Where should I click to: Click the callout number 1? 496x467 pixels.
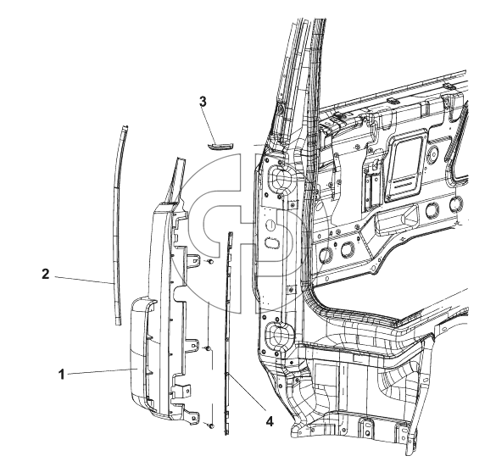click(61, 375)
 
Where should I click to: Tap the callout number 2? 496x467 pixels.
click(46, 274)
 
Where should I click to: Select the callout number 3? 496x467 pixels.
click(203, 102)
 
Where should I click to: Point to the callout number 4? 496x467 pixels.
click(269, 421)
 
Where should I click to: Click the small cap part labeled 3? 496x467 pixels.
click(220, 146)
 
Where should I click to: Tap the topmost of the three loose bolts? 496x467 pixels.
click(210, 262)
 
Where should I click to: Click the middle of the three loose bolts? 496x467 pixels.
click(207, 348)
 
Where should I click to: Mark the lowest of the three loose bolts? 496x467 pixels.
click(210, 426)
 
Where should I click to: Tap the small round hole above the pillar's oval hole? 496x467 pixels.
click(270, 225)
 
